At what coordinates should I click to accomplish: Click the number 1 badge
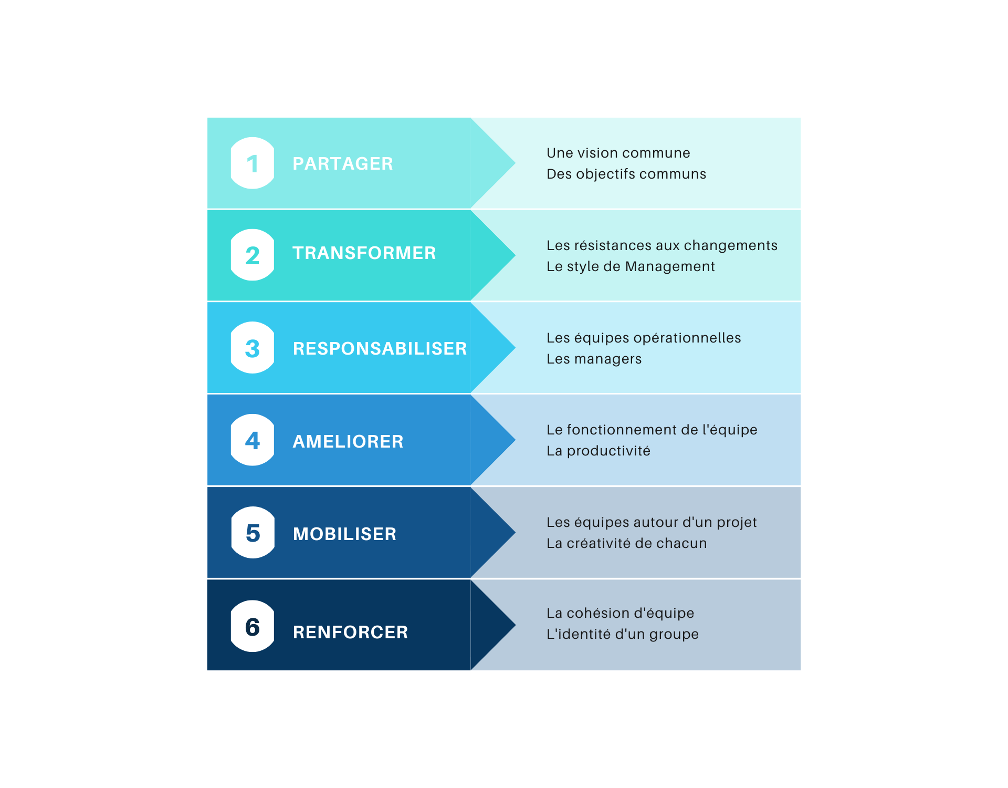click(x=253, y=163)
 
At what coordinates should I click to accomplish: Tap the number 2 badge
click(x=253, y=255)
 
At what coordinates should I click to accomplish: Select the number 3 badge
click(x=253, y=347)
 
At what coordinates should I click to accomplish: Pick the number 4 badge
click(x=253, y=440)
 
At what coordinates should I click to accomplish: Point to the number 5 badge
click(x=253, y=532)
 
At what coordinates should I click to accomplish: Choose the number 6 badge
click(x=253, y=626)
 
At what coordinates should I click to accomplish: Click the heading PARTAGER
click(x=343, y=163)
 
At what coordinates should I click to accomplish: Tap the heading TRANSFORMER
click(x=364, y=253)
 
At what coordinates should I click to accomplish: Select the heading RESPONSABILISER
click(x=380, y=348)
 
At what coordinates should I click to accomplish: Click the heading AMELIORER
click(x=348, y=441)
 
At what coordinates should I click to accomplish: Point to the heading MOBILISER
click(x=344, y=534)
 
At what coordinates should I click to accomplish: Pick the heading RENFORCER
click(x=350, y=632)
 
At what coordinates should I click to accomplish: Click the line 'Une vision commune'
click(x=618, y=153)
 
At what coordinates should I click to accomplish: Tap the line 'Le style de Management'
click(x=631, y=267)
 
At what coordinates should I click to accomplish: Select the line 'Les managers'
click(x=594, y=359)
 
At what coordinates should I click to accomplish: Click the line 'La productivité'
click(x=598, y=451)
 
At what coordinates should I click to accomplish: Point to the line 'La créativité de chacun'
click(x=626, y=543)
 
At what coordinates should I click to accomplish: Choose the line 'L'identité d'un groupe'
click(x=623, y=634)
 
